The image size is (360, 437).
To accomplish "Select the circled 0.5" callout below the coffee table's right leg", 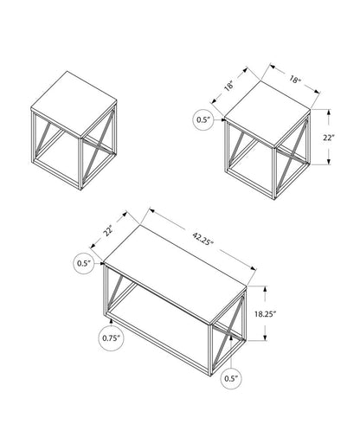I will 231,376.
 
